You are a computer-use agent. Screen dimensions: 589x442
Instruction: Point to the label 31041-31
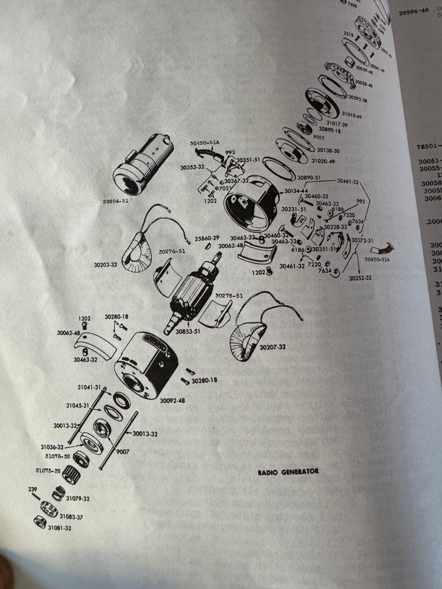[x=89, y=387]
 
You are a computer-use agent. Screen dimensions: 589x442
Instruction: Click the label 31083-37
[x=71, y=517]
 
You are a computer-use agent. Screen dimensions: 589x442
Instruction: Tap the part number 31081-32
[x=59, y=528]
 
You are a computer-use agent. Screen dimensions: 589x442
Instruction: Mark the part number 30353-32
[x=192, y=167]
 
